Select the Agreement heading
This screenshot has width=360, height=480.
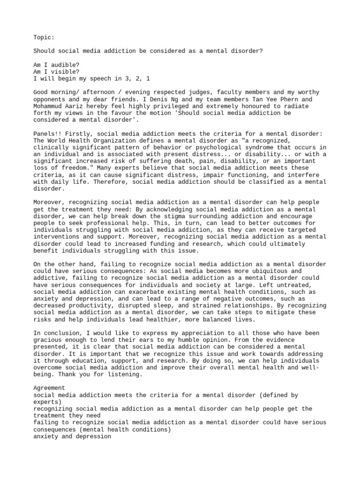pos(49,389)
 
